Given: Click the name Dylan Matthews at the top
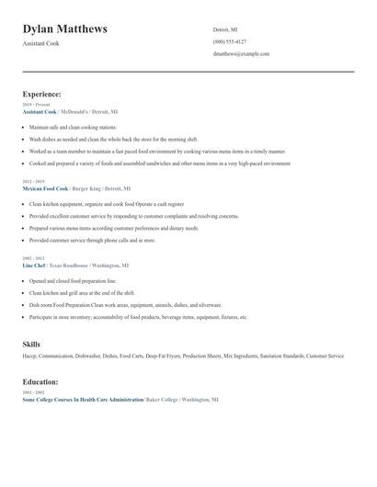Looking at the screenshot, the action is [x=64, y=28].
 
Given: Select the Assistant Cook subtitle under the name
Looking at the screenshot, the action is [x=40, y=43].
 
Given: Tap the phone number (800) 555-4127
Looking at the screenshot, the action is [x=229, y=41].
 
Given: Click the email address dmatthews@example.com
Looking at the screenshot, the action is [x=236, y=54].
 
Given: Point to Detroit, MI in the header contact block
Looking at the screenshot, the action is [x=225, y=28].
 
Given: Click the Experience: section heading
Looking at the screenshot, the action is [x=41, y=94].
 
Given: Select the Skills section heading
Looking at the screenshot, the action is [x=31, y=344].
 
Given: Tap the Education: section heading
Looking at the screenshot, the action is [x=40, y=381].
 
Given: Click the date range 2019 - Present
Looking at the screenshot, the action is [x=36, y=105].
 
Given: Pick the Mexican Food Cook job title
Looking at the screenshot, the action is [x=45, y=187].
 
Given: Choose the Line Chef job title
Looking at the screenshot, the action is [x=34, y=265].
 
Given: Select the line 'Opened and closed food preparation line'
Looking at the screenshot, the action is [x=73, y=280].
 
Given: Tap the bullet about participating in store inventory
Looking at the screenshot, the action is [x=138, y=317].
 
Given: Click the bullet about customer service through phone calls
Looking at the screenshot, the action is [x=92, y=240].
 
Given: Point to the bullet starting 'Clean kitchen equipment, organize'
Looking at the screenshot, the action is [x=107, y=204].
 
